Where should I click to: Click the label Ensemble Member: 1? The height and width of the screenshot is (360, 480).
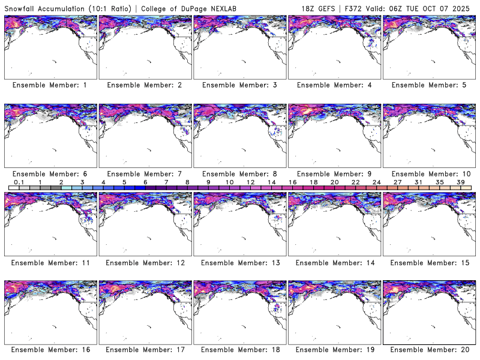click(x=50, y=85)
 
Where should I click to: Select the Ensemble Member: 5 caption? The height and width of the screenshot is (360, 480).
click(x=428, y=85)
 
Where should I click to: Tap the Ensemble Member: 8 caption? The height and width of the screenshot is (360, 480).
click(x=239, y=174)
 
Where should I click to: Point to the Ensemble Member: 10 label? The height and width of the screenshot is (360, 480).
click(x=428, y=174)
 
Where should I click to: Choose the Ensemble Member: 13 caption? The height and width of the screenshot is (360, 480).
click(x=239, y=263)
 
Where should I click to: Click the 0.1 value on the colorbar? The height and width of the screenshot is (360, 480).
click(x=19, y=181)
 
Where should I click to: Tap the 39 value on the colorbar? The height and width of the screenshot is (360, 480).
click(x=461, y=181)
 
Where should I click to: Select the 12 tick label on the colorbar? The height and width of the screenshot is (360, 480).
click(x=251, y=181)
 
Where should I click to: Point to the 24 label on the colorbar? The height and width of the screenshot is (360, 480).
click(x=377, y=181)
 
